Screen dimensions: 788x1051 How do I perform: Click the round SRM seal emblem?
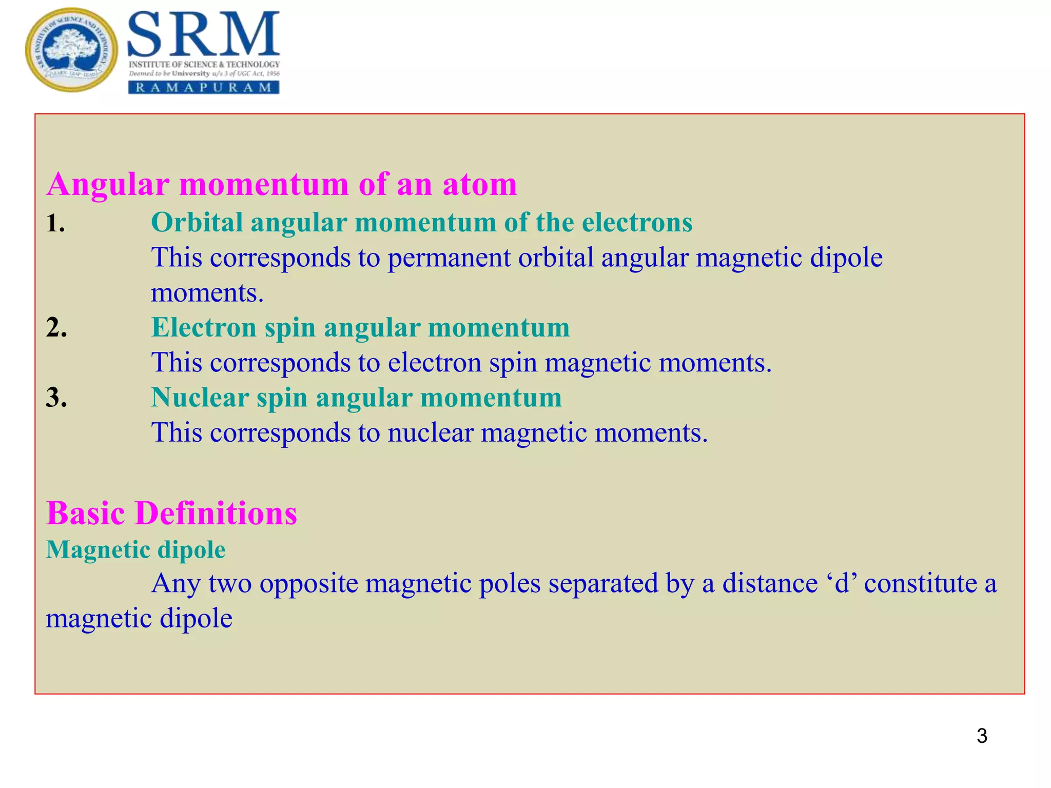(x=71, y=50)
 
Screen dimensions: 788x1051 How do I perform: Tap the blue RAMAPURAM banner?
(x=203, y=87)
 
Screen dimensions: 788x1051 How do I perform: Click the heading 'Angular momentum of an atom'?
(x=282, y=184)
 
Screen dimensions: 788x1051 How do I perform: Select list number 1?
(x=55, y=223)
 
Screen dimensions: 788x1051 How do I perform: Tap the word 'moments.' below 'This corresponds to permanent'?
(x=207, y=293)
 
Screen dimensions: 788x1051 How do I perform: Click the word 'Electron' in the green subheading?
(x=204, y=327)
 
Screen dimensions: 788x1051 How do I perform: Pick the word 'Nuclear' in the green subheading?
(x=200, y=398)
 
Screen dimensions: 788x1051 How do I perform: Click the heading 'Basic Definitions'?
(x=171, y=513)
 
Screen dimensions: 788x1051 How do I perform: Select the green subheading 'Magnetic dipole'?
(x=135, y=550)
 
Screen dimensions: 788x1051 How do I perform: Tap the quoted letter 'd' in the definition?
(x=842, y=584)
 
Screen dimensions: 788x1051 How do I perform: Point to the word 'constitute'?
(x=920, y=584)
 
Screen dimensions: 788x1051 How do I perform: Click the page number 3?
(x=982, y=736)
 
